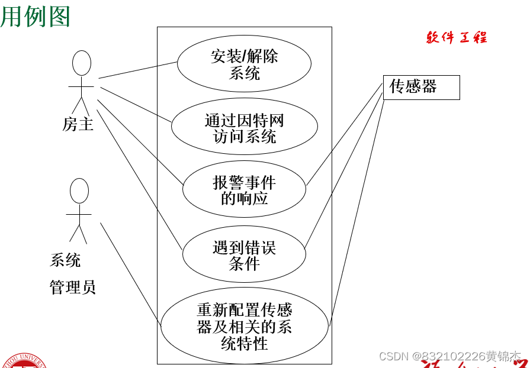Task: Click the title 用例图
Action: click(36, 16)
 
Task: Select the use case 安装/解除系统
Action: click(244, 64)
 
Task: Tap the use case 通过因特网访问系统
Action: click(244, 128)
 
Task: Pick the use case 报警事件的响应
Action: click(244, 190)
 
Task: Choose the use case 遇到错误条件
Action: click(244, 254)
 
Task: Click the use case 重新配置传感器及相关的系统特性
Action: click(244, 326)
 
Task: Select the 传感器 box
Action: click(421, 87)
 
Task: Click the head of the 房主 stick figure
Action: click(82, 63)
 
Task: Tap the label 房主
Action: click(78, 124)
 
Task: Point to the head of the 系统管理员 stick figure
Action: click(79, 191)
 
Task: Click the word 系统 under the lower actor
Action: click(65, 260)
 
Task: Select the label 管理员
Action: click(72, 288)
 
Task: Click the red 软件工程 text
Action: click(457, 38)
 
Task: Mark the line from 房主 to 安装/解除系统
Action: click(138, 70)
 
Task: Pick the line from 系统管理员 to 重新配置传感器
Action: click(130, 273)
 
